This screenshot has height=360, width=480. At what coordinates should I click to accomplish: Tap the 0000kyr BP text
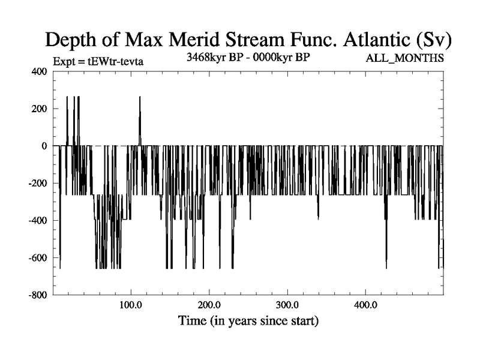(283, 58)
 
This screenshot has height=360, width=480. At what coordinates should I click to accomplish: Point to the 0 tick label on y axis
(44, 146)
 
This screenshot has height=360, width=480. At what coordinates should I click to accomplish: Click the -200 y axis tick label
(37, 183)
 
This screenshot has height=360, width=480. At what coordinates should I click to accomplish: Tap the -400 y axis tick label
(37, 220)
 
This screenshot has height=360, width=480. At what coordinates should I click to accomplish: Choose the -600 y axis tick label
(37, 257)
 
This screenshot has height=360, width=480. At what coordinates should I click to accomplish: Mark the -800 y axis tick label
(37, 295)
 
